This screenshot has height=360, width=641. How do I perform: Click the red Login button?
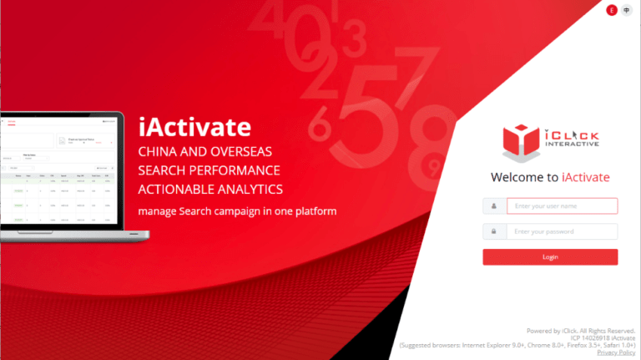(x=550, y=257)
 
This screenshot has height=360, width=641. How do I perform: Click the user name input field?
(x=561, y=205)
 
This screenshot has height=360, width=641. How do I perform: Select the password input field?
(x=561, y=231)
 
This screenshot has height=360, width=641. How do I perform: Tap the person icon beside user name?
(x=494, y=205)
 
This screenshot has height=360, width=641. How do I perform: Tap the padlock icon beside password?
(x=494, y=231)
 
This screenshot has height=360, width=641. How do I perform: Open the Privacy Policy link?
(x=616, y=352)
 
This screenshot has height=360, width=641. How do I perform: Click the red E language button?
(x=611, y=10)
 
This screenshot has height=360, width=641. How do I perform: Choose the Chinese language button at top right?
(x=626, y=10)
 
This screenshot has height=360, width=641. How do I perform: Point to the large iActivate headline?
(x=194, y=127)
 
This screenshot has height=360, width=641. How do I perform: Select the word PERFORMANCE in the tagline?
(x=231, y=171)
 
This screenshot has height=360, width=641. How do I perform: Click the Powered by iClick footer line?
(x=581, y=330)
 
